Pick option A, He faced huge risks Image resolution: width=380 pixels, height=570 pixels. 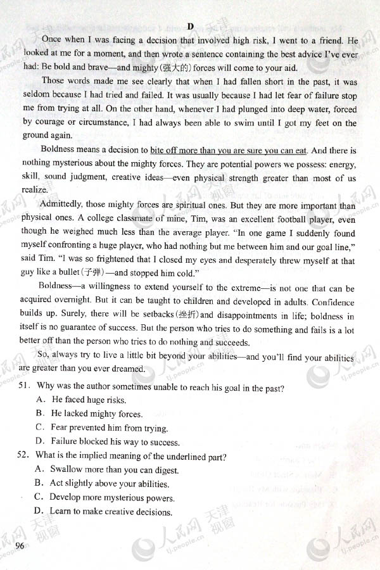[x=81, y=400]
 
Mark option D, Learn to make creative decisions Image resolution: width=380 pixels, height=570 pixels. [x=104, y=511]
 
